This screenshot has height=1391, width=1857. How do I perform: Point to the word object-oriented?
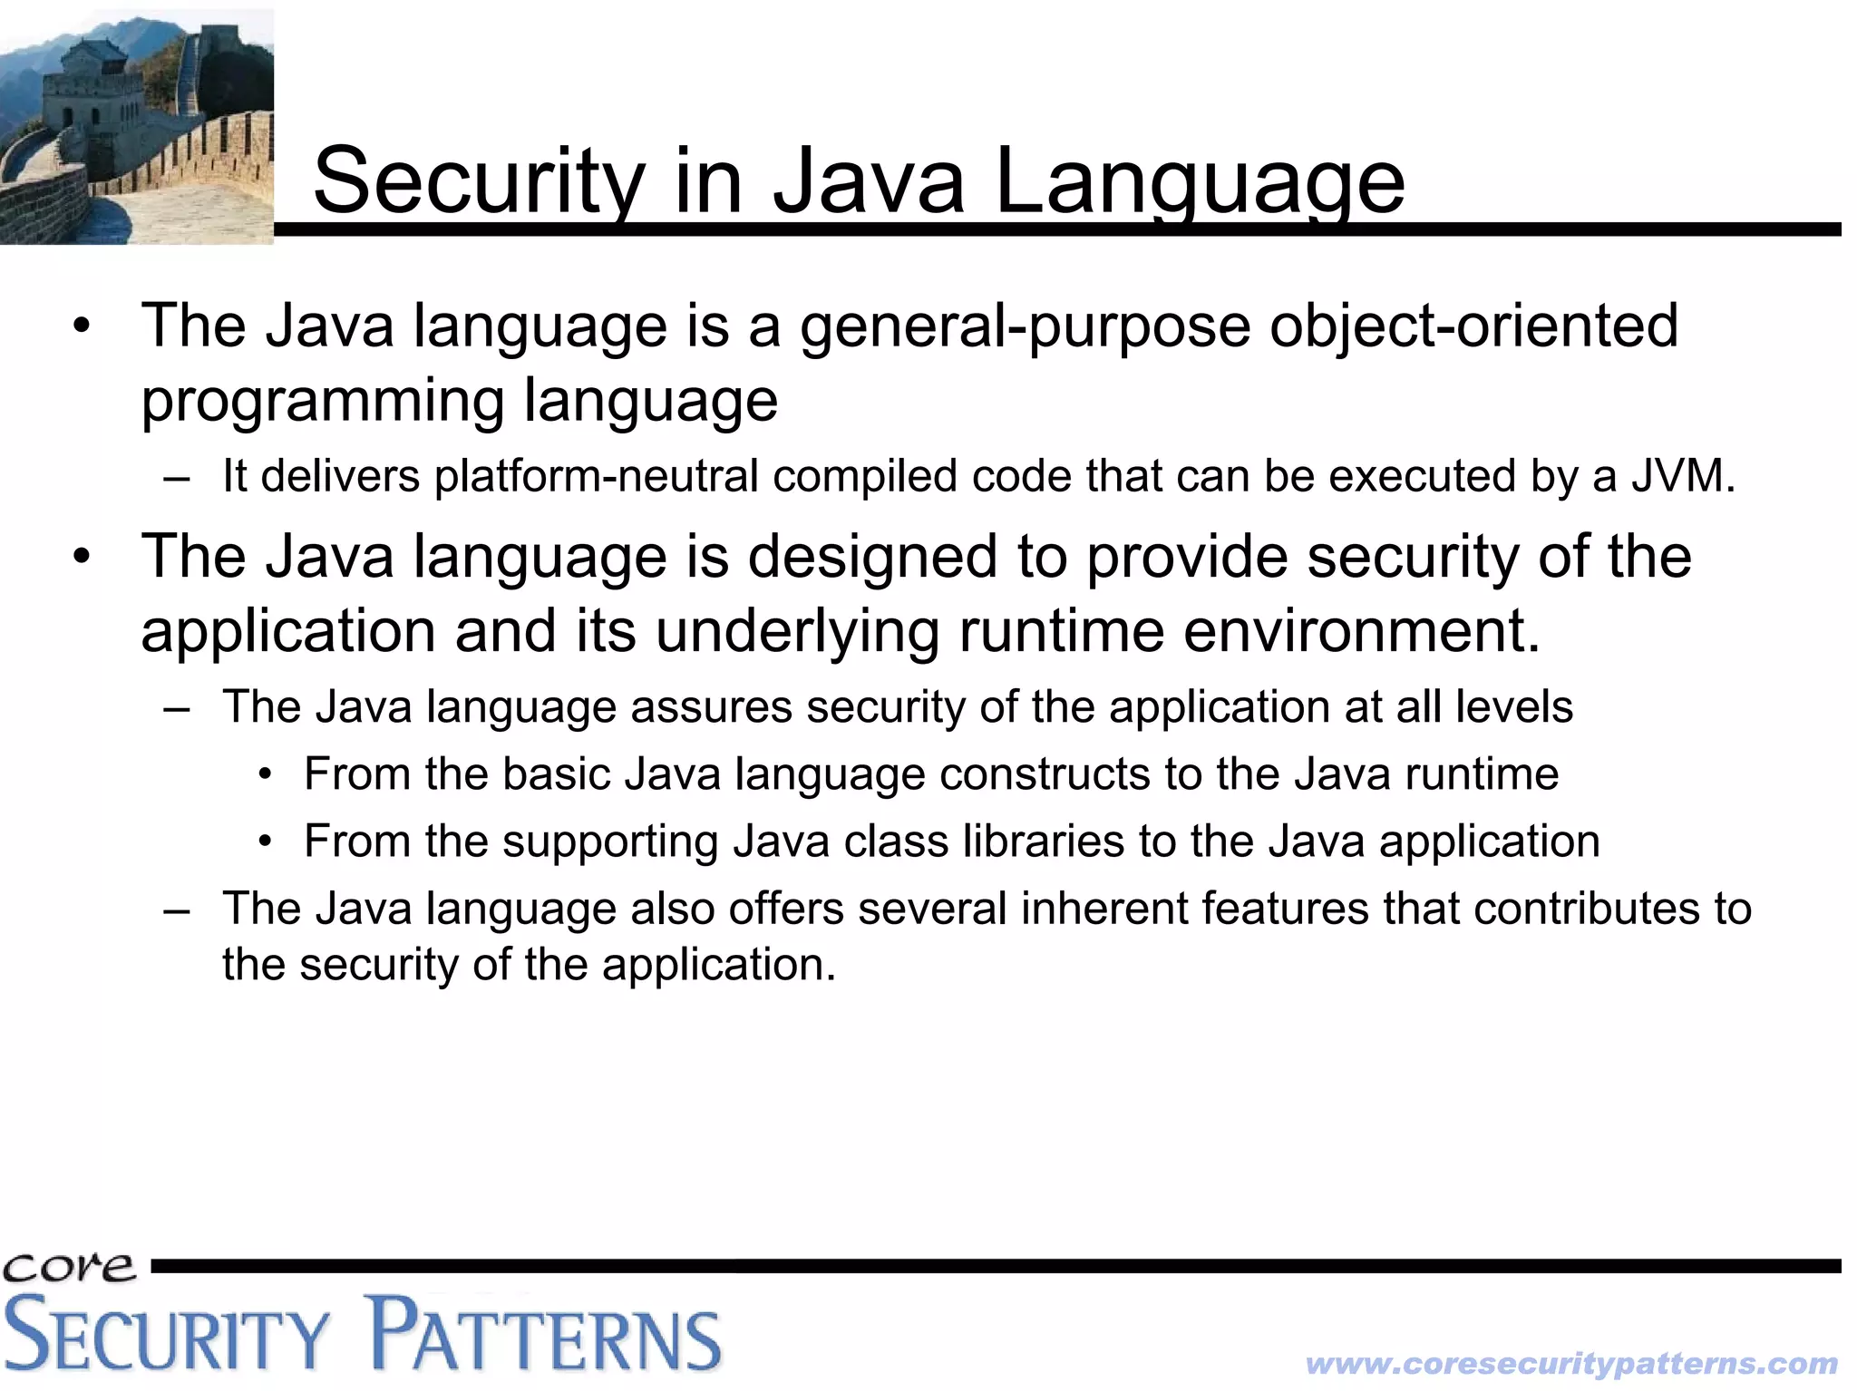1473,326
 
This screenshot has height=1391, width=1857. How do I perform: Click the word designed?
871,556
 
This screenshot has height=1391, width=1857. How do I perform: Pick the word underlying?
797,631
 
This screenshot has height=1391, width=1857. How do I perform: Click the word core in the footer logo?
69,1267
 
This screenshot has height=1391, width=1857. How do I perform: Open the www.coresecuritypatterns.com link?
1571,1364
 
